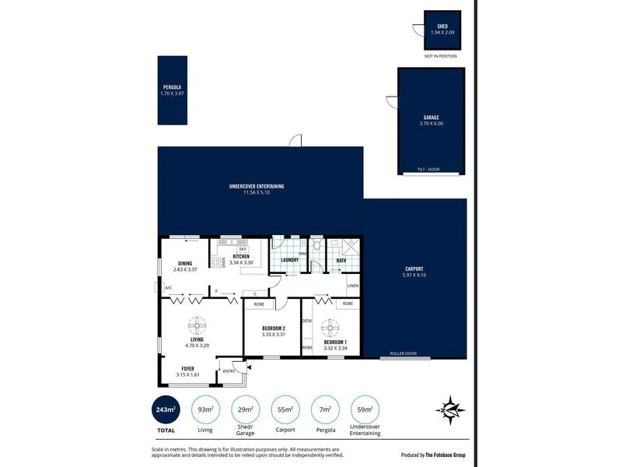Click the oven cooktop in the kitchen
click(215, 262)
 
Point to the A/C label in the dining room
click(168, 289)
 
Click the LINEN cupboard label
click(352, 286)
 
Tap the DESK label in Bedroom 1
click(307, 321)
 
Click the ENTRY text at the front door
click(229, 371)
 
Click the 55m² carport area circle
click(285, 409)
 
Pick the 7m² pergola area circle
click(325, 409)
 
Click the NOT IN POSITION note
click(440, 57)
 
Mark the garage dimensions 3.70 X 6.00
click(432, 124)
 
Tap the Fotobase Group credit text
click(435, 455)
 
